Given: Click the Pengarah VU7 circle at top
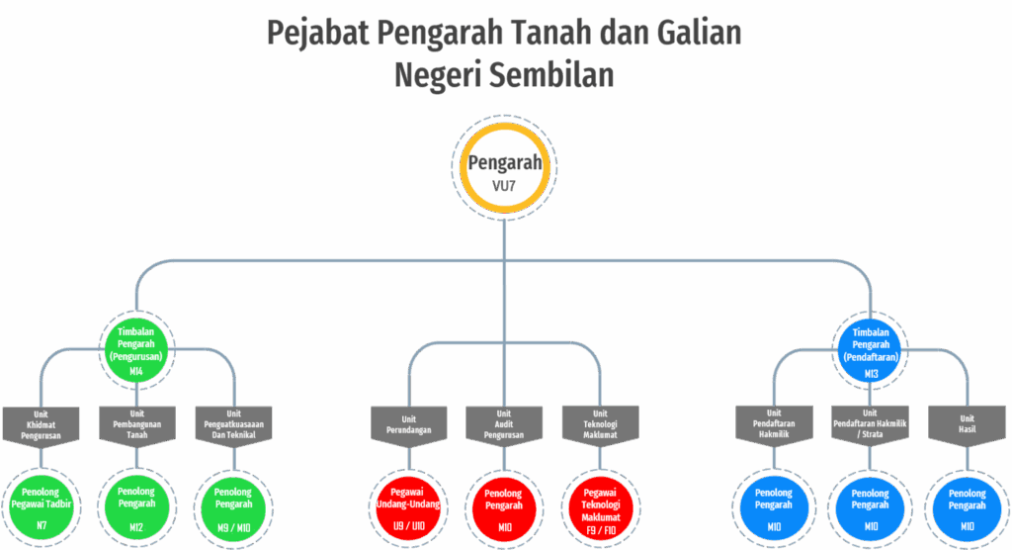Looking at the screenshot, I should (x=504, y=169).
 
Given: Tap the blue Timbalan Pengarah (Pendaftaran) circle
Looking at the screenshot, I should (x=871, y=349).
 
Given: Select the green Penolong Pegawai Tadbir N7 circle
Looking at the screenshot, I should (x=41, y=506).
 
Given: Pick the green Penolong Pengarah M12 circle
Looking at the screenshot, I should (x=136, y=506).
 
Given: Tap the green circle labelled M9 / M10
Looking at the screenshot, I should (x=233, y=506).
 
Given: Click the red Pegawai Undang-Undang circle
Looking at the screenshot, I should (x=408, y=506).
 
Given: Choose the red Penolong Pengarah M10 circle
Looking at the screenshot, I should (x=504, y=506).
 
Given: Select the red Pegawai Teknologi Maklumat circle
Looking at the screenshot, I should (x=600, y=506).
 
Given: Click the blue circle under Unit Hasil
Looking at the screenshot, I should (x=966, y=506).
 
